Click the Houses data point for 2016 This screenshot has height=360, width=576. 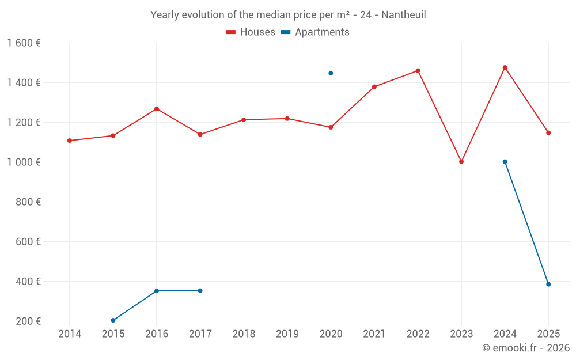(157, 109)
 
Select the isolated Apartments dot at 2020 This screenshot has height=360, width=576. (331, 73)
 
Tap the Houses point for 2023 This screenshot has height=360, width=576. (461, 162)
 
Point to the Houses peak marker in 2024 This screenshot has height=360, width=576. (505, 67)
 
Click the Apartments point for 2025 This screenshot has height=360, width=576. (548, 284)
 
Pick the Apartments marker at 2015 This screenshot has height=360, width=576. (113, 320)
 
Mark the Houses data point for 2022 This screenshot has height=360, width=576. (418, 71)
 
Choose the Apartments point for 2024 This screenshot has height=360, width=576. (505, 162)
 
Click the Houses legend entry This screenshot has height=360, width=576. (251, 32)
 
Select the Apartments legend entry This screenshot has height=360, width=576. (315, 32)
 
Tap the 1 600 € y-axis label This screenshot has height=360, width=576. (24, 43)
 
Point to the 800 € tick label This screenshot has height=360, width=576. (28, 202)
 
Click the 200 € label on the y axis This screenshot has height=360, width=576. (28, 321)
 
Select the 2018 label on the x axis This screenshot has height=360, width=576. (244, 334)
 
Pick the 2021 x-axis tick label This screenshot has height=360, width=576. (374, 334)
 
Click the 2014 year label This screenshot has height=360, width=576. (70, 334)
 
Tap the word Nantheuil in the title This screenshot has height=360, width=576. (403, 15)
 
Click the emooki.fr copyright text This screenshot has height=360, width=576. (525, 348)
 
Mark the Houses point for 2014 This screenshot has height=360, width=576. (70, 141)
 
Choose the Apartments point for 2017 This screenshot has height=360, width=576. (200, 290)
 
